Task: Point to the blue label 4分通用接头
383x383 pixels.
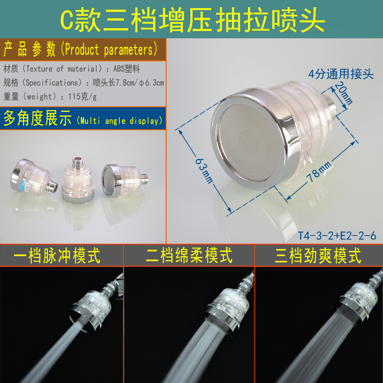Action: [340, 74]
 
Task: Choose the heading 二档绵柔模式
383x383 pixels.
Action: [190, 256]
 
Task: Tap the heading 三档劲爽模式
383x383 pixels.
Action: [318, 256]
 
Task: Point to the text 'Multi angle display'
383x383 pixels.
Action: [120, 121]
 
